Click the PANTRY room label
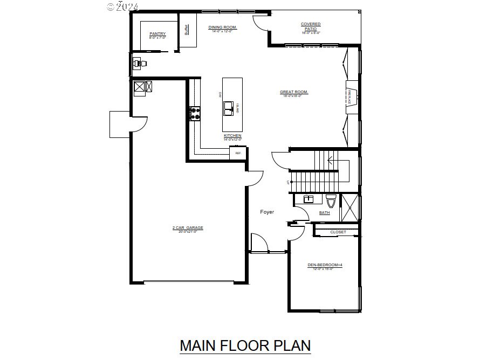157,34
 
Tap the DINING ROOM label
223,27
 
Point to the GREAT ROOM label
294,92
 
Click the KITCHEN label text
232,136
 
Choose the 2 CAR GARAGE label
188,228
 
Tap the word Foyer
267,212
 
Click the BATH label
324,213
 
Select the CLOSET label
338,232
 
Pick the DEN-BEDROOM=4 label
325,265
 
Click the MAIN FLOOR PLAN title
245,345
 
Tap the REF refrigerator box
238,154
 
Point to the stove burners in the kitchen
194,113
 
